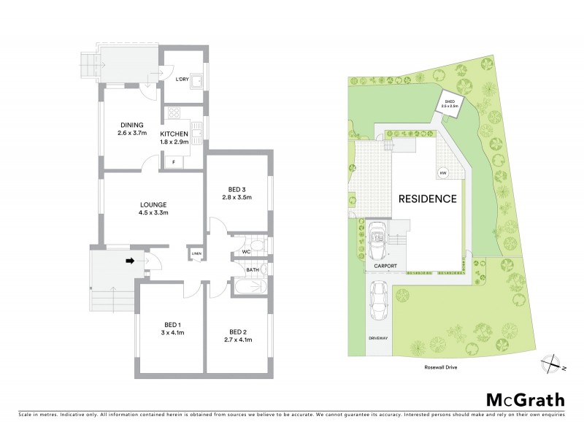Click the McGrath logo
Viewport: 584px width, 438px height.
(x=525, y=399)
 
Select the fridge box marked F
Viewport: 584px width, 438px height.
(x=173, y=162)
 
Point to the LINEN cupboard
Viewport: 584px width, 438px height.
(x=196, y=253)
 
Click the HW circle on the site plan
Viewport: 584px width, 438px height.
(x=442, y=173)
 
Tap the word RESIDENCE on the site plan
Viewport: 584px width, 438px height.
(x=428, y=199)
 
